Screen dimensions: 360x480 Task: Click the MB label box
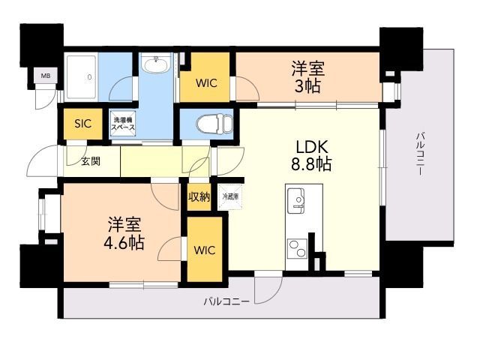(45, 76)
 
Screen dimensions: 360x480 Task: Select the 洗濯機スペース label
(123, 124)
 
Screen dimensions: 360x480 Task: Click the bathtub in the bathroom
(89, 76)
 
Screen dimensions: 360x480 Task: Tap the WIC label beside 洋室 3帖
(206, 83)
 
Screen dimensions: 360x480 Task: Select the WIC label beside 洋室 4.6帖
(205, 250)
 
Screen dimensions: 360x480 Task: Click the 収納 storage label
(199, 196)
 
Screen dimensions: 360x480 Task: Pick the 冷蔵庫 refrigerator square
(229, 196)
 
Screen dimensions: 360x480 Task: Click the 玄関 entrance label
(91, 160)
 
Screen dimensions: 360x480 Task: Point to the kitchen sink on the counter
(297, 200)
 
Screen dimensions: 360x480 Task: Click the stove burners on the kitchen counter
(297, 247)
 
